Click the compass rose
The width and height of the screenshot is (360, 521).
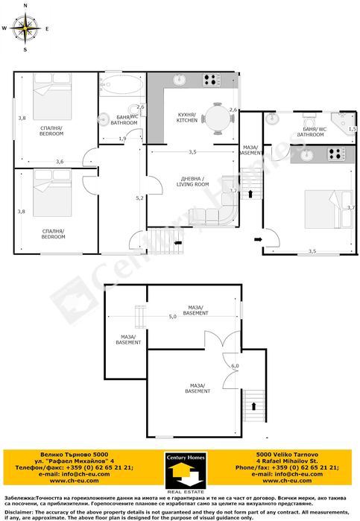coord(26,28)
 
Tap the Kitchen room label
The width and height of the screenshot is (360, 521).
coord(186,119)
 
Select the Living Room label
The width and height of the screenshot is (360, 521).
coord(192,180)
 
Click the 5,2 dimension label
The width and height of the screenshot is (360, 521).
coord(139,198)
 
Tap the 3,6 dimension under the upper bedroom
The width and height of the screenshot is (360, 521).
coord(59,162)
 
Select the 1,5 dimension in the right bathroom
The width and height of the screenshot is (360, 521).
coord(352,129)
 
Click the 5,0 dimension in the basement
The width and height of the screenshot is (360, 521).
coord(173,317)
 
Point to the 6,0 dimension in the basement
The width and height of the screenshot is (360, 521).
coord(235,366)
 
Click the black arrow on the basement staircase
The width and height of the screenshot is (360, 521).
coord(255,407)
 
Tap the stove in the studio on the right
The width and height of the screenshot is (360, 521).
coord(334,155)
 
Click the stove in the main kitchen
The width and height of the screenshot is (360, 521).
coord(211,79)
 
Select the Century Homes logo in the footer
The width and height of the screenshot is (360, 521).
coord(180,468)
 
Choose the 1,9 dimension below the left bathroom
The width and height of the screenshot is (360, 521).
coord(122,139)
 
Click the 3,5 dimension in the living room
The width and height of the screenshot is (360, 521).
coord(192,152)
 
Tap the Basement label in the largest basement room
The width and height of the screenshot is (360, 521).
coord(197,388)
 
